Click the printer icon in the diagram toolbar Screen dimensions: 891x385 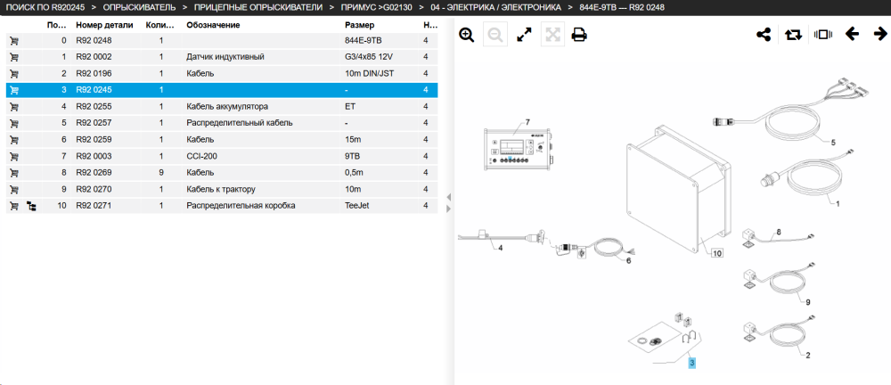click(x=579, y=35)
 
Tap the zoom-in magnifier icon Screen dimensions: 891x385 click(x=467, y=35)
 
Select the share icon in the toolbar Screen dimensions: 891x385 click(x=764, y=35)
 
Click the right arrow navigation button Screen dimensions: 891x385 click(x=880, y=35)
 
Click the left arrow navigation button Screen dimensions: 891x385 click(x=852, y=35)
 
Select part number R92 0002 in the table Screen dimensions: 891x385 click(x=94, y=57)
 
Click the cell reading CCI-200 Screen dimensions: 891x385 click(x=201, y=156)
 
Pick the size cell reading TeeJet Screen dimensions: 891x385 click(x=357, y=205)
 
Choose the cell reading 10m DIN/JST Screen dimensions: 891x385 click(x=370, y=73)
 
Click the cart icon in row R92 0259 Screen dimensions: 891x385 click(x=15, y=139)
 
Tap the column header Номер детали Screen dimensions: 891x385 click(x=104, y=25)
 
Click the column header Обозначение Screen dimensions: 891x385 click(x=213, y=25)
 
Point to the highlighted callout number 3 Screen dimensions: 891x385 click(x=691, y=362)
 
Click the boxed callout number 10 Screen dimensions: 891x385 click(x=717, y=253)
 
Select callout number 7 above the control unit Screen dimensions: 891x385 click(x=527, y=122)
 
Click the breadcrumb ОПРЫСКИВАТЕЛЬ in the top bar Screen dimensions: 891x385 click(x=135, y=7)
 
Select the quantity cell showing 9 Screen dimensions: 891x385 click(x=161, y=172)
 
